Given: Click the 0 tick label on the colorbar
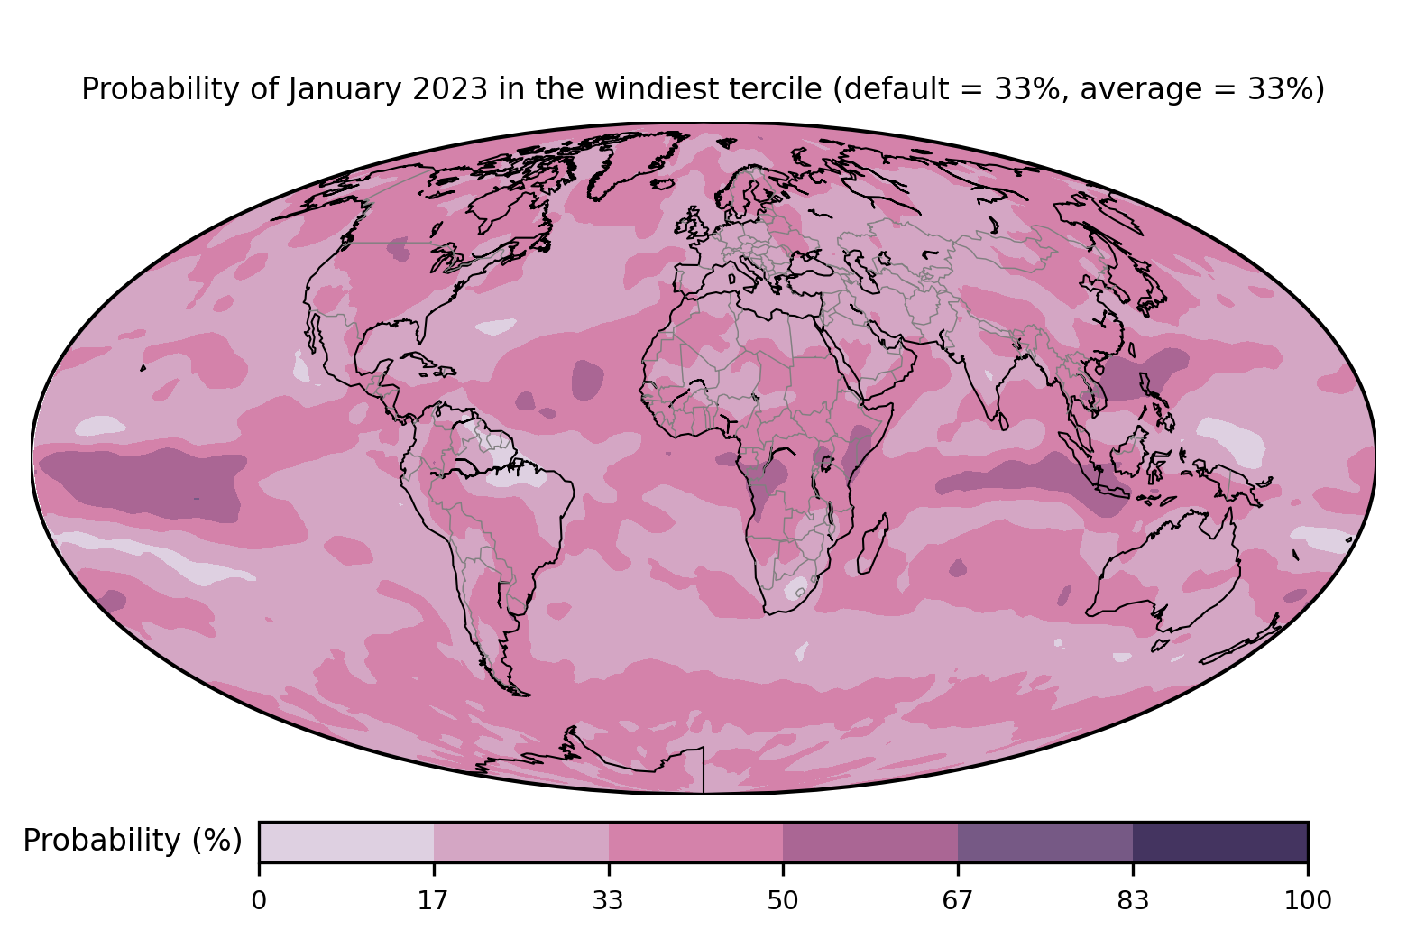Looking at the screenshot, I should (259, 900).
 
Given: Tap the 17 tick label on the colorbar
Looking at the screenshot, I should (434, 900).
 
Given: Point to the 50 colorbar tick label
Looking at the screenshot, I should (783, 900).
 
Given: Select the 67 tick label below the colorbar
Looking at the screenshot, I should (957, 900).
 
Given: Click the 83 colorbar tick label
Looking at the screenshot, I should (1133, 900).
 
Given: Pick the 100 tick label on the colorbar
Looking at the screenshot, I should (1307, 900).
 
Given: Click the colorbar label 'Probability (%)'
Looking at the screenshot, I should (133, 841).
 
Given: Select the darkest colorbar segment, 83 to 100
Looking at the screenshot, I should (1219, 842).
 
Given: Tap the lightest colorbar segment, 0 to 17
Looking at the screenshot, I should (346, 842).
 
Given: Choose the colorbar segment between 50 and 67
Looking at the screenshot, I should (870, 842).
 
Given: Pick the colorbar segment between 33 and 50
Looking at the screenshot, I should (695, 842).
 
